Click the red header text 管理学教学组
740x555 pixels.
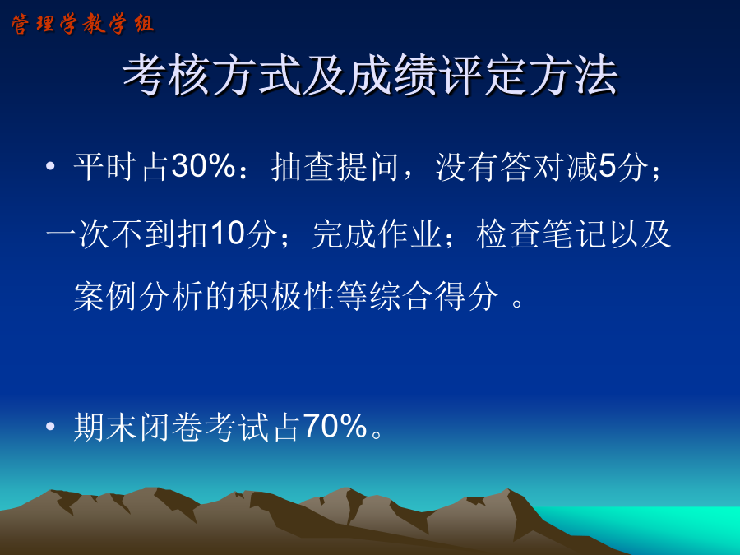(83, 24)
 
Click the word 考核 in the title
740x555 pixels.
(167, 75)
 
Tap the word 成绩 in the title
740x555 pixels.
(393, 75)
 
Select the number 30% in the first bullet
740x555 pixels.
(203, 166)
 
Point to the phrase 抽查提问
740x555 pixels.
(335, 167)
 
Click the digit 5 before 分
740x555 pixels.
(608, 167)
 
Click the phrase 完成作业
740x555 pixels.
(376, 234)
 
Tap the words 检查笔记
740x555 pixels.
(541, 234)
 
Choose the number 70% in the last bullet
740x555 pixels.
(335, 426)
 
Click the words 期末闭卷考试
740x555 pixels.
(171, 427)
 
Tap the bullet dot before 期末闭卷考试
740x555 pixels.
(50, 426)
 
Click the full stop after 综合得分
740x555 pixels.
(517, 303)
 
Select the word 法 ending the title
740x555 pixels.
(595, 75)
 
